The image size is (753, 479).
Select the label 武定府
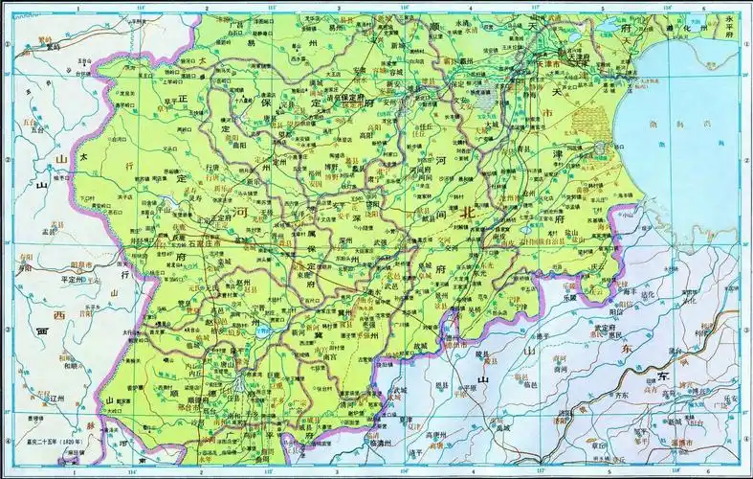[604, 328]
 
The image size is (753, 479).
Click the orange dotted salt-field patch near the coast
[593, 125]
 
